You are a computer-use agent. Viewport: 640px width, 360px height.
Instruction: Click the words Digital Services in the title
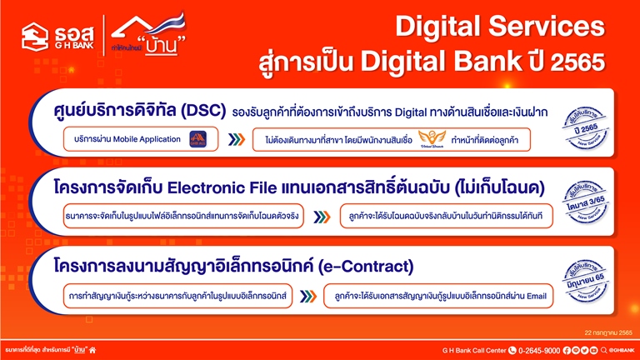coord(499,27)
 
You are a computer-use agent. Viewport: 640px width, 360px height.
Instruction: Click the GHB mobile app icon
coord(197,138)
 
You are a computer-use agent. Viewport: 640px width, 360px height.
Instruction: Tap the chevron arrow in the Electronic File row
coord(321,217)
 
